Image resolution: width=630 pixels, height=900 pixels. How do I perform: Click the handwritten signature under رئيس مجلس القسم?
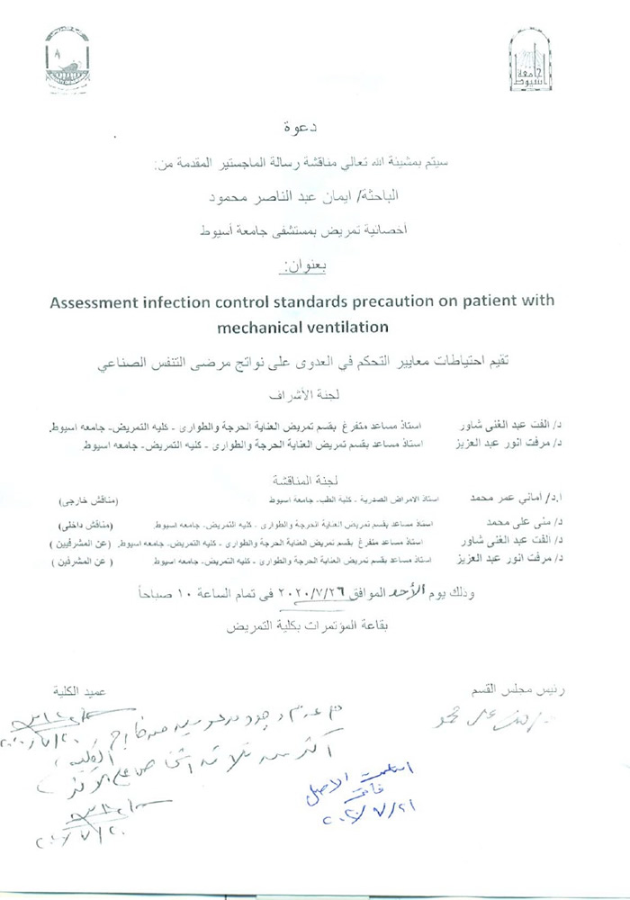coord(503,720)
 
